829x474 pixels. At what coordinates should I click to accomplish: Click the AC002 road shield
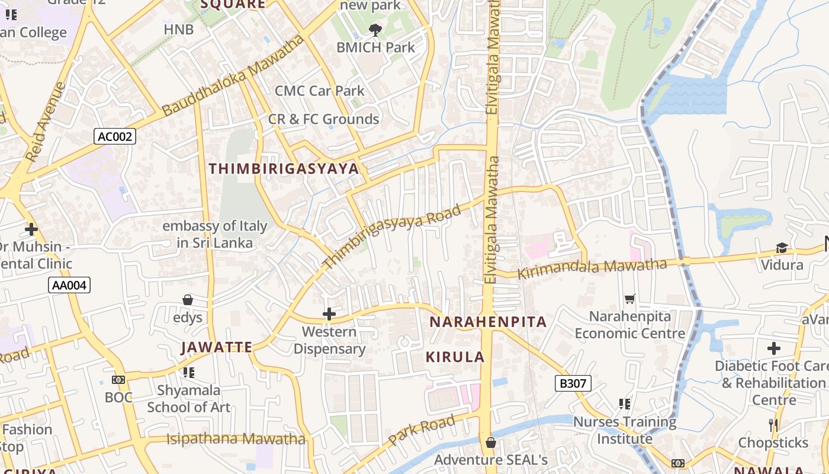(x=115, y=137)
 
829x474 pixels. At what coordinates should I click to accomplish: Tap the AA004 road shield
(x=69, y=286)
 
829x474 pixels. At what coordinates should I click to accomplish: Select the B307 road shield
(x=573, y=383)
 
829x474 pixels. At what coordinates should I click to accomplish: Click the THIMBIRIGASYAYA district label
(x=284, y=169)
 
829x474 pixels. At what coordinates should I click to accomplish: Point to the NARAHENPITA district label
(x=488, y=322)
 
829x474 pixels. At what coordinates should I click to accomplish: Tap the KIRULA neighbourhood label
(x=455, y=357)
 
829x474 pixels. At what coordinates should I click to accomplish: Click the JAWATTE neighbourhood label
(x=217, y=347)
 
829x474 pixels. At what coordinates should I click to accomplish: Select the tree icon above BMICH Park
(x=375, y=30)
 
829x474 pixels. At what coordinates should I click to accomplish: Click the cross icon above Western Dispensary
(x=329, y=314)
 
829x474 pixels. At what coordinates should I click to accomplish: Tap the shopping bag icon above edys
(x=188, y=300)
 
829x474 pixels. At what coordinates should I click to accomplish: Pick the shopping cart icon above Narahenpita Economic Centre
(x=629, y=299)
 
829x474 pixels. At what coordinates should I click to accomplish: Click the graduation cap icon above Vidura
(x=782, y=248)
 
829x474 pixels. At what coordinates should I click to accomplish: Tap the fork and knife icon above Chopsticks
(x=773, y=425)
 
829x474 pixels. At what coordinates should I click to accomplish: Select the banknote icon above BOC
(x=118, y=380)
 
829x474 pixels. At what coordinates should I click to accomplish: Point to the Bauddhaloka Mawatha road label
(x=233, y=76)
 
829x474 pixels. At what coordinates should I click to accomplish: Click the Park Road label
(x=422, y=430)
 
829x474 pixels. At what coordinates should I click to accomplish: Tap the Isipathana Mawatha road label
(x=236, y=439)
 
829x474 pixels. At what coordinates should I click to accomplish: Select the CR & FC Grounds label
(x=323, y=119)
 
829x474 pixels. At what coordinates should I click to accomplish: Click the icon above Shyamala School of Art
(x=188, y=373)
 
